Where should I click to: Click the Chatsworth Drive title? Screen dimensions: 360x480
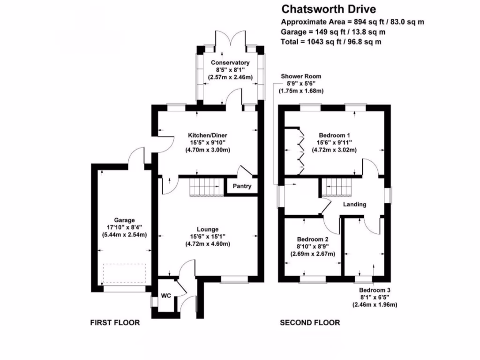point(328,9)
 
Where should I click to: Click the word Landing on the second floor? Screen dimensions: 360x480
point(354,204)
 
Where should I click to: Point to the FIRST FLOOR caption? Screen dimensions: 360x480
point(115,322)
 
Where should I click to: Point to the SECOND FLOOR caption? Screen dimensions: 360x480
point(310,322)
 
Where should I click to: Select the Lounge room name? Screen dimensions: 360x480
point(209,229)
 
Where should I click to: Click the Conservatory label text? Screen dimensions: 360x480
point(230,63)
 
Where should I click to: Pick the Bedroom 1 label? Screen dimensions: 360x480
point(334,135)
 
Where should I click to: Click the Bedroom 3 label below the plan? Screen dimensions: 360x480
point(375,290)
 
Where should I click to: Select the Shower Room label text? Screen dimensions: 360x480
point(301,76)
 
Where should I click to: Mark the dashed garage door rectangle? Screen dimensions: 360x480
point(125,273)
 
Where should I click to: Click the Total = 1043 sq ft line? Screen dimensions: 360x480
point(331,42)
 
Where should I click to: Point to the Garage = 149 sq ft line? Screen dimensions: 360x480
point(333,32)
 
